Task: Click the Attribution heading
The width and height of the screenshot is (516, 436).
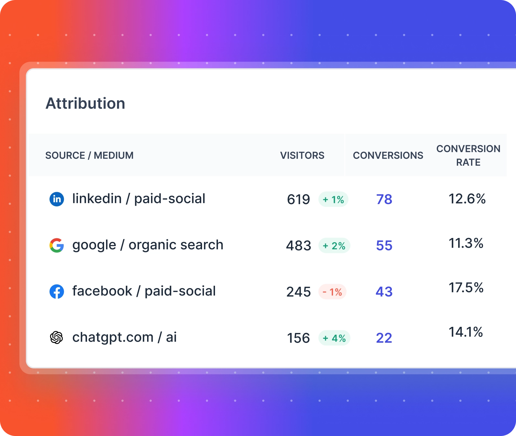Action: click(x=85, y=104)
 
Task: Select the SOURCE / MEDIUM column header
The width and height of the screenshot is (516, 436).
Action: click(x=89, y=155)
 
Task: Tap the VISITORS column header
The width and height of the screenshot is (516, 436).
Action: click(x=302, y=155)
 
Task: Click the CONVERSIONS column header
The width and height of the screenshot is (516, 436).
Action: click(x=388, y=155)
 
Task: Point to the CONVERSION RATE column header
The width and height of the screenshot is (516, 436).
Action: click(x=468, y=155)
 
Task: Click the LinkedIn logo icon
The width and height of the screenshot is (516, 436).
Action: click(x=57, y=199)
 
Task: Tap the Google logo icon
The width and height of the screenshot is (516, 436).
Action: click(x=57, y=245)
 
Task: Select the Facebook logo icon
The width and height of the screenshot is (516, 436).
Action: click(x=57, y=292)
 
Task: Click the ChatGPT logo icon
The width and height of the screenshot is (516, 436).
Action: click(x=57, y=338)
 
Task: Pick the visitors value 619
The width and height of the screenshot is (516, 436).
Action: click(x=298, y=200)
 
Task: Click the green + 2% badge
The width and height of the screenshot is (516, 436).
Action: click(x=334, y=246)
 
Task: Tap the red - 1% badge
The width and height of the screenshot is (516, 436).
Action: click(x=332, y=292)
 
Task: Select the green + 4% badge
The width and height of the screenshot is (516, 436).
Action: click(x=334, y=338)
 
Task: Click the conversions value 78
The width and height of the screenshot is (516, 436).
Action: click(x=384, y=200)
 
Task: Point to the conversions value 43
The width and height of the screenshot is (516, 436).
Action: click(x=384, y=292)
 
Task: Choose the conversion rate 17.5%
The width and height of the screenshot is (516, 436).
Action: click(x=466, y=288)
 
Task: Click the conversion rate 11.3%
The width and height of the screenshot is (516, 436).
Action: click(x=466, y=243)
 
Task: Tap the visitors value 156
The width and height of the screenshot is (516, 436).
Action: click(x=298, y=338)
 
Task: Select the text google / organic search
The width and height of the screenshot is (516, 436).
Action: click(x=148, y=245)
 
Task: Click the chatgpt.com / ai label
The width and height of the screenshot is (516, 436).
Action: click(x=124, y=337)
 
